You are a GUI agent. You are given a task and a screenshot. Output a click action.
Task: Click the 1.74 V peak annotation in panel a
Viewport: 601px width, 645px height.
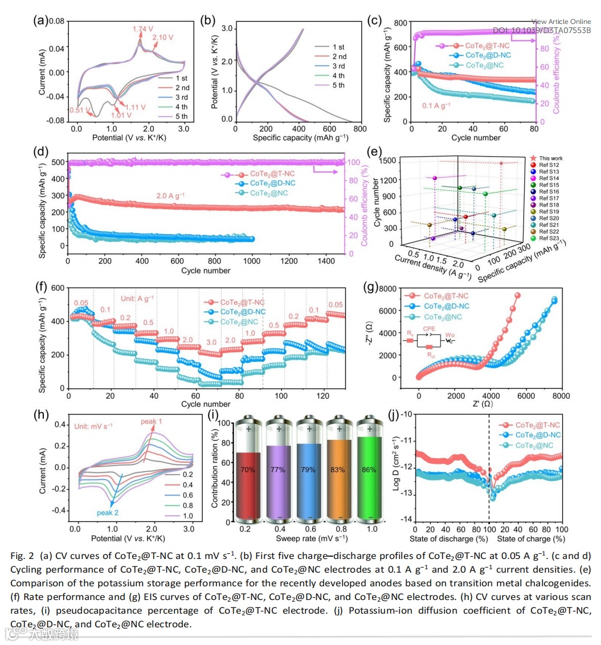(142, 28)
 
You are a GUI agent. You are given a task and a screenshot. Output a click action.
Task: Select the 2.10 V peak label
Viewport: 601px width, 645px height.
(163, 38)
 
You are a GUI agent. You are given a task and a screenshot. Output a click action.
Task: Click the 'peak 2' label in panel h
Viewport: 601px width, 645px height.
(108, 512)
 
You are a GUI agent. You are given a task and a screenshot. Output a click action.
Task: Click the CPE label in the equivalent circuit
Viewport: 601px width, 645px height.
(430, 329)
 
